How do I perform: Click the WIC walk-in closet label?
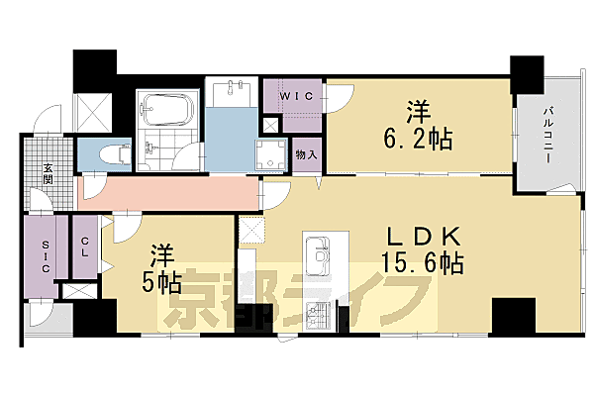(x=294, y=95)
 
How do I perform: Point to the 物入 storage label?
(x=306, y=154)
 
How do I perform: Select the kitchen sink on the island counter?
(x=322, y=258)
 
